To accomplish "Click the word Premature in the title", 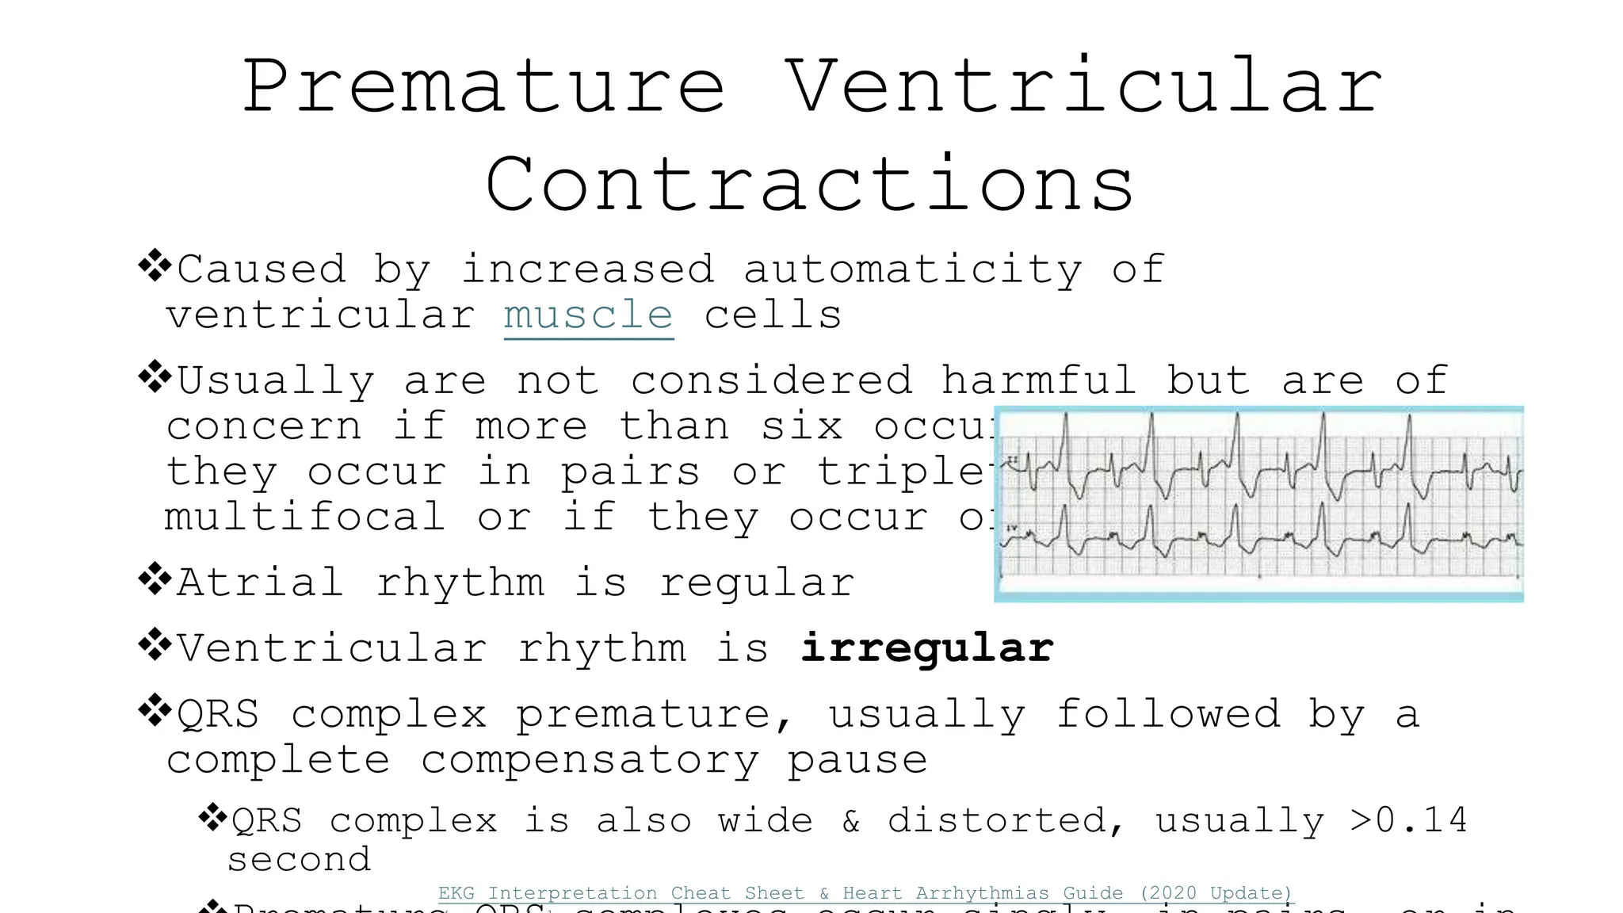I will (483, 87).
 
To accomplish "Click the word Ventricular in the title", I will (1084, 87).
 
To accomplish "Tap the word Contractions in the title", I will (810, 185).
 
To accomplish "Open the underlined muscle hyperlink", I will (588, 316).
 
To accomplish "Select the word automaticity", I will (912, 269).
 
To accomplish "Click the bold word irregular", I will (926, 648).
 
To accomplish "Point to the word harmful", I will (1038, 380).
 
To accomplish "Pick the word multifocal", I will (305, 518).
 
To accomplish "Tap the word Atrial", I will (261, 583).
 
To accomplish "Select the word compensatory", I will (590, 761).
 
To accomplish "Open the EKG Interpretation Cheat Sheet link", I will (865, 893).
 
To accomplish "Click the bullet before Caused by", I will (155, 265).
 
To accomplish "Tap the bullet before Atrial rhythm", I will (155, 579).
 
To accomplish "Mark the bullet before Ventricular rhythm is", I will (155, 644).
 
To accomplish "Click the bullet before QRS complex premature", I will (155, 710).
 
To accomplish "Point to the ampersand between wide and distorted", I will (851, 821).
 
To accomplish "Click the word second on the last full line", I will (300, 860).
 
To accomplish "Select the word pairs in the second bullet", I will (631, 473).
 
